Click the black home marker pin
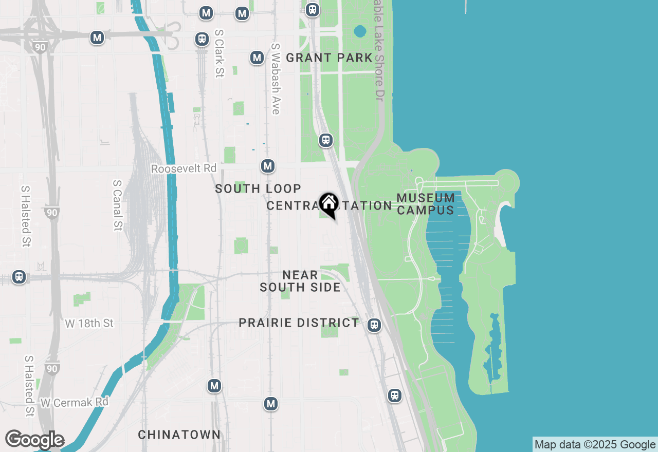click(329, 204)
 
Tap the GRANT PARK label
click(329, 58)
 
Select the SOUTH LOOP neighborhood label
click(258, 189)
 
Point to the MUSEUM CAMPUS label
click(426, 204)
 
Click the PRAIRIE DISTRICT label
click(299, 323)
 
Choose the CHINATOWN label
click(179, 435)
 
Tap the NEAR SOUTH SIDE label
click(300, 281)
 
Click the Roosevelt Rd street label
click(184, 168)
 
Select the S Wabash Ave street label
click(276, 79)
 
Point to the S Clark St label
click(220, 53)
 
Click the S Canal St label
click(117, 205)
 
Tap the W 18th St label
click(89, 323)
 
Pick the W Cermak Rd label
click(74, 402)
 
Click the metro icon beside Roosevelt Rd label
click(267, 166)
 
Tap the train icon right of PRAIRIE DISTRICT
click(374, 325)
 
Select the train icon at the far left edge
click(19, 277)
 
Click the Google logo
click(34, 440)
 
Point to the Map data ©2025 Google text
click(595, 444)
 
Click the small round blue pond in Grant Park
click(360, 31)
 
